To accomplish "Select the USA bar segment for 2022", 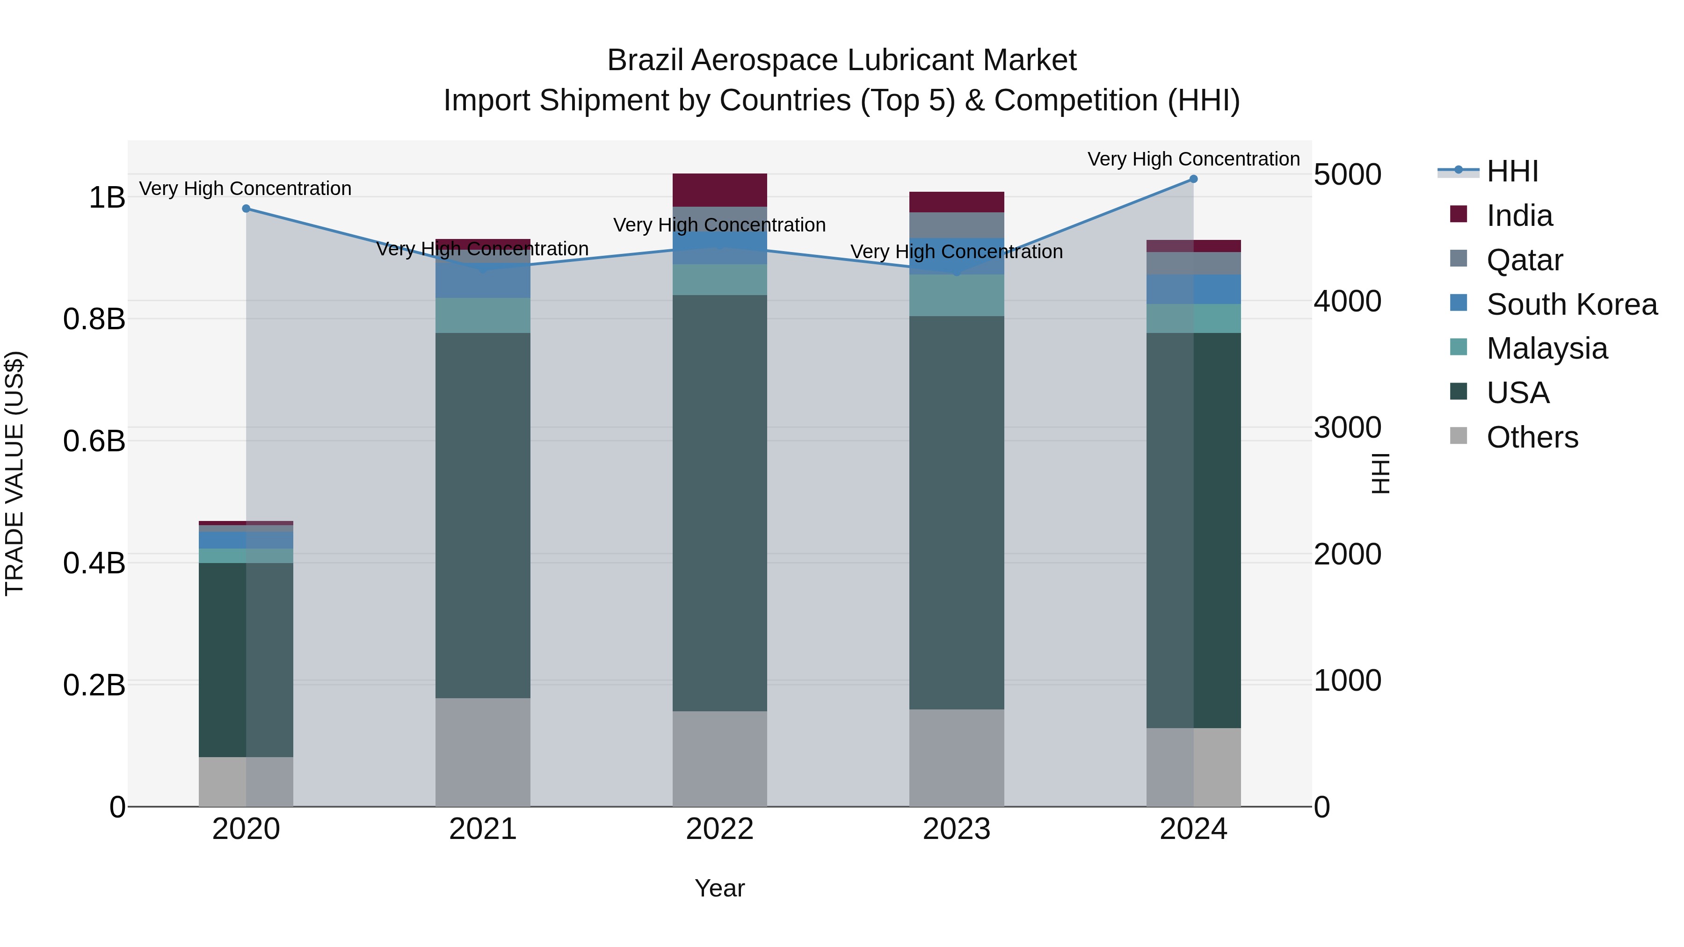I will coord(720,503).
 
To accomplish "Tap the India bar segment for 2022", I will coord(720,190).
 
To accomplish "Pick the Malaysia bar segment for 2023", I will coord(957,296).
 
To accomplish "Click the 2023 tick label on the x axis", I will coord(957,829).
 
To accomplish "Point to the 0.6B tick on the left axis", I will coord(94,441).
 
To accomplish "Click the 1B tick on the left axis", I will coord(107,198).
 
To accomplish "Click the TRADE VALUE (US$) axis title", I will coord(15,473).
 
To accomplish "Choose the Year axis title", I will coord(720,888).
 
